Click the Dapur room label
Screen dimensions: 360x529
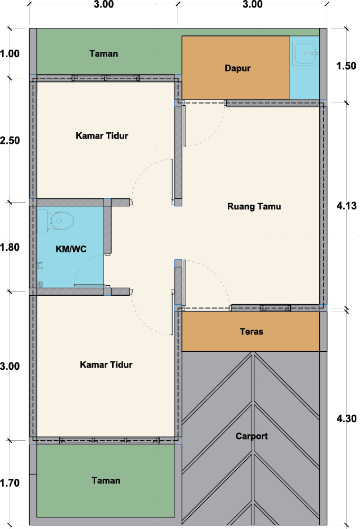click(238, 68)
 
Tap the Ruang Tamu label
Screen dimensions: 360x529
click(254, 206)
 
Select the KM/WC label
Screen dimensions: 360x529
click(71, 249)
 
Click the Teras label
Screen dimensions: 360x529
click(252, 332)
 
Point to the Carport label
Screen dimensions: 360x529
click(252, 436)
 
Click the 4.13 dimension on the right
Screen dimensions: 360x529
click(346, 206)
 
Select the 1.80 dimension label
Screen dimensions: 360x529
click(10, 247)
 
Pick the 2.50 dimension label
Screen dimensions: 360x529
click(10, 140)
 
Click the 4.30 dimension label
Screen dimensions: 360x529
click(346, 418)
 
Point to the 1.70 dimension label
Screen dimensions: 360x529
click(10, 483)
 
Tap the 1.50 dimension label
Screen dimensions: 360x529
click(346, 66)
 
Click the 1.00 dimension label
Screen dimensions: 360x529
click(10, 53)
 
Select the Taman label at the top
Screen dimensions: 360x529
click(104, 53)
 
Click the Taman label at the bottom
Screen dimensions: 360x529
click(106, 480)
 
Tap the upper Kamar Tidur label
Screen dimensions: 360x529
click(102, 135)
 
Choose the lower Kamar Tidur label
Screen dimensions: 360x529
click(106, 364)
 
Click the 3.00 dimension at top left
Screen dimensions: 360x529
click(104, 4)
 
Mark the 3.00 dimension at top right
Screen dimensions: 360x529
click(253, 4)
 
